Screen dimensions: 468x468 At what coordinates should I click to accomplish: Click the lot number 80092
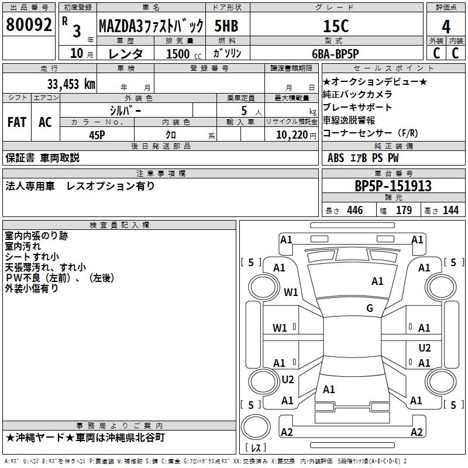click(x=29, y=25)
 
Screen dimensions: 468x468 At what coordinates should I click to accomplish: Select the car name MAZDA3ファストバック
click(x=150, y=26)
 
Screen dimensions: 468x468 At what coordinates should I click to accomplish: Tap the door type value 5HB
click(x=226, y=26)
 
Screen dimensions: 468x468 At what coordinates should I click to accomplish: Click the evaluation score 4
click(x=446, y=26)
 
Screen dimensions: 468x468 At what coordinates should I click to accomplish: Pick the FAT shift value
click(x=16, y=122)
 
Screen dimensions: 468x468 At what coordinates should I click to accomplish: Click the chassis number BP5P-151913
click(x=393, y=186)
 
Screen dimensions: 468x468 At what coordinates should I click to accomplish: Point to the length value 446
click(x=355, y=211)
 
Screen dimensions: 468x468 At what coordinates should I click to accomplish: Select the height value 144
click(x=450, y=211)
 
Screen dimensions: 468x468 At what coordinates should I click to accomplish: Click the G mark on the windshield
click(x=369, y=308)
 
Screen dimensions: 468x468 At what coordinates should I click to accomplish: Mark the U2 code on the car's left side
click(x=288, y=380)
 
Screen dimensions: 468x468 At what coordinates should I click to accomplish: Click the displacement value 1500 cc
click(x=183, y=54)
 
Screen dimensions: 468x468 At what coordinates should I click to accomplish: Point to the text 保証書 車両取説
click(x=43, y=158)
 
